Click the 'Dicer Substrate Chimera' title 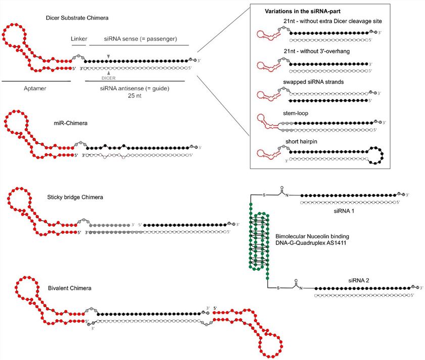[x=77, y=18]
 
